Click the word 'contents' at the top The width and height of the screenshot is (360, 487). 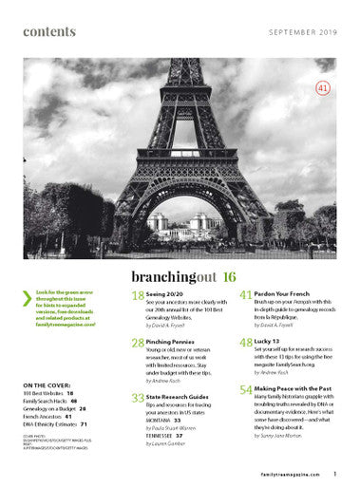tap(49, 32)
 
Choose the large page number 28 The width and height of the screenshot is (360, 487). tap(137, 342)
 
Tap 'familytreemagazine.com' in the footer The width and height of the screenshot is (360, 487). tap(291, 472)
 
